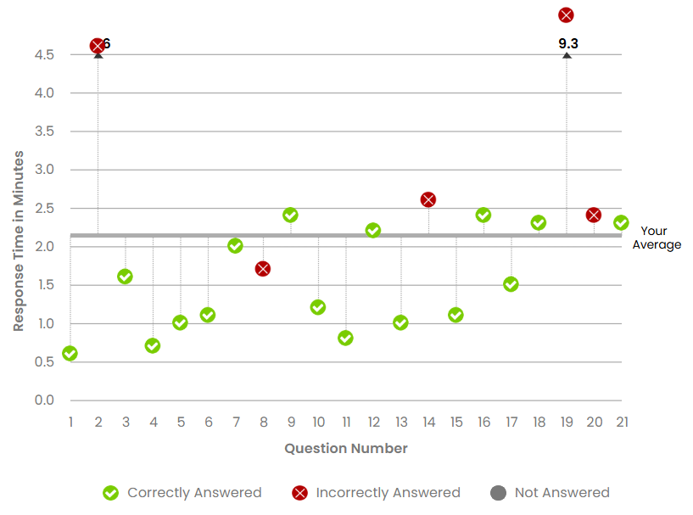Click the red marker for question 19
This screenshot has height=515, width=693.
coord(566,15)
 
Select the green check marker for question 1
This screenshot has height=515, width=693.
coord(70,354)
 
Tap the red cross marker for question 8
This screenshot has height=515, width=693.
coord(263,269)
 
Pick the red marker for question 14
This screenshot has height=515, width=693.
coord(428,199)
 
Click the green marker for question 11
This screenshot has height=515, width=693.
coord(345,338)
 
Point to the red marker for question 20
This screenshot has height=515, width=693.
coord(594,215)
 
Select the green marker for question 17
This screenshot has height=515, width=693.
coord(511,284)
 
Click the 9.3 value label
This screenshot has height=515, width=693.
coord(568,42)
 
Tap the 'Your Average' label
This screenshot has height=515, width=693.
coord(656,238)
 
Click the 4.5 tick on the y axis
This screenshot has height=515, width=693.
coord(45,54)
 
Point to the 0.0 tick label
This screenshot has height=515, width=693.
coord(45,400)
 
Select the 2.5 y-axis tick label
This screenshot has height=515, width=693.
coord(45,208)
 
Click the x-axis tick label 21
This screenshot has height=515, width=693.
coord(622,422)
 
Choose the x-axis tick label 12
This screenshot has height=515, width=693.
coord(373,422)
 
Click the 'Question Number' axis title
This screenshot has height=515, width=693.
coord(346,448)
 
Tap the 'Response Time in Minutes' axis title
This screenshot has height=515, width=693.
coord(19,240)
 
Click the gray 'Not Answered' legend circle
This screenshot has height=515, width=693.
coord(498,493)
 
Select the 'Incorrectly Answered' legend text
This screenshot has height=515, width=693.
coord(388,493)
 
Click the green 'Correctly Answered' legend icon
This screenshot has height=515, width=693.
coord(110,493)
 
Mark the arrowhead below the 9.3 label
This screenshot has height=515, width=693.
coord(567,56)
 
